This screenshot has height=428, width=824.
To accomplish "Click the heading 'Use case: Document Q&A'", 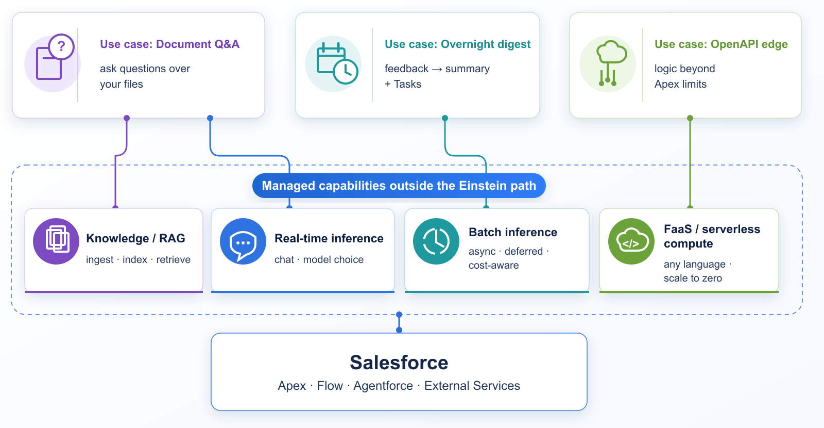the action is click(x=169, y=44).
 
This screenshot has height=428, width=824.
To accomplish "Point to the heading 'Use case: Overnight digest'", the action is click(x=458, y=44).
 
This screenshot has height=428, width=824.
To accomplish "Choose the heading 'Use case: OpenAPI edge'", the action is click(x=721, y=44).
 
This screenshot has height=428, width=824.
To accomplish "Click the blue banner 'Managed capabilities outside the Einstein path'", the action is click(x=399, y=186).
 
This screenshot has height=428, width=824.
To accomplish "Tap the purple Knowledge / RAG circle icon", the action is click(x=56, y=241).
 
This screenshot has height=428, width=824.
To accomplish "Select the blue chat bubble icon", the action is click(x=243, y=241).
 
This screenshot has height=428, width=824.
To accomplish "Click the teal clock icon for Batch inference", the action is click(x=436, y=241).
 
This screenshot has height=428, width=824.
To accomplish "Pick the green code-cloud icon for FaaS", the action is click(x=631, y=241).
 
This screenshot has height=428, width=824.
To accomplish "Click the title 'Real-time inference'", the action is click(x=329, y=238).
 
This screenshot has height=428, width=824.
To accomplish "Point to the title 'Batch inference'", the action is click(x=513, y=232).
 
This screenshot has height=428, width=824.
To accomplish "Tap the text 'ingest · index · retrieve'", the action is click(x=139, y=260).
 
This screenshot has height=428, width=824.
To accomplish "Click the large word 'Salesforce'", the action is click(x=399, y=363).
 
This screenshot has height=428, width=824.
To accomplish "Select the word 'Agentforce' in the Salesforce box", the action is click(x=383, y=386).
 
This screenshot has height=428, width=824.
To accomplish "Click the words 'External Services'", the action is click(x=472, y=386).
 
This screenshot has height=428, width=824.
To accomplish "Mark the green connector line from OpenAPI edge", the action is click(x=690, y=162).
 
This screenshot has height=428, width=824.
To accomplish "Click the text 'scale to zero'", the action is click(x=693, y=278).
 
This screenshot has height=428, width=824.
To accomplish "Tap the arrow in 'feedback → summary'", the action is click(x=437, y=69).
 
